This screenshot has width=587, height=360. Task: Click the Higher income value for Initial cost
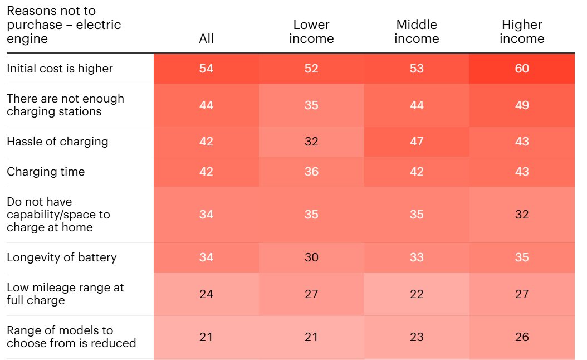[x=522, y=69]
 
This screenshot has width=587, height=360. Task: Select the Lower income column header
[x=311, y=32]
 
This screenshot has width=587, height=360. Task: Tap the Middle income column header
[x=417, y=32]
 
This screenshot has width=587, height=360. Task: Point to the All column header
[x=206, y=38]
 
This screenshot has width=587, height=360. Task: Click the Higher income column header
[x=522, y=32]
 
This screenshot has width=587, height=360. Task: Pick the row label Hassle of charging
[x=57, y=142]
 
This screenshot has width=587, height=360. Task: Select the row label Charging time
[x=46, y=172]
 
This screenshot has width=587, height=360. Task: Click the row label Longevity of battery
[x=61, y=257]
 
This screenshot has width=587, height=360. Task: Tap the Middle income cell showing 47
[x=417, y=142]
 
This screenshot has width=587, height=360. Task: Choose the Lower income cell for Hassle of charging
[x=311, y=142]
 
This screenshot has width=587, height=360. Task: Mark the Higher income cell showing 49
[x=522, y=105]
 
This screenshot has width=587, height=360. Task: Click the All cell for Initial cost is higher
[x=206, y=69]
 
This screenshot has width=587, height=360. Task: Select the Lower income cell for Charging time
[x=311, y=172]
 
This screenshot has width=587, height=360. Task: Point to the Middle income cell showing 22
[x=417, y=294]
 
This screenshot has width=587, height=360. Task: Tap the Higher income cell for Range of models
[x=522, y=337]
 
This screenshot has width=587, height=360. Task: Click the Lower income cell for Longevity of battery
[x=311, y=257]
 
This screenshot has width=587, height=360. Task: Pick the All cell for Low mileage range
[x=206, y=294]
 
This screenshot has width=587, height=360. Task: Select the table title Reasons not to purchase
[x=63, y=25]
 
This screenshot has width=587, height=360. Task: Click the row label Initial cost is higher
[x=60, y=69]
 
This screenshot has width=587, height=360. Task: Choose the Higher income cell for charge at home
[x=522, y=215]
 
